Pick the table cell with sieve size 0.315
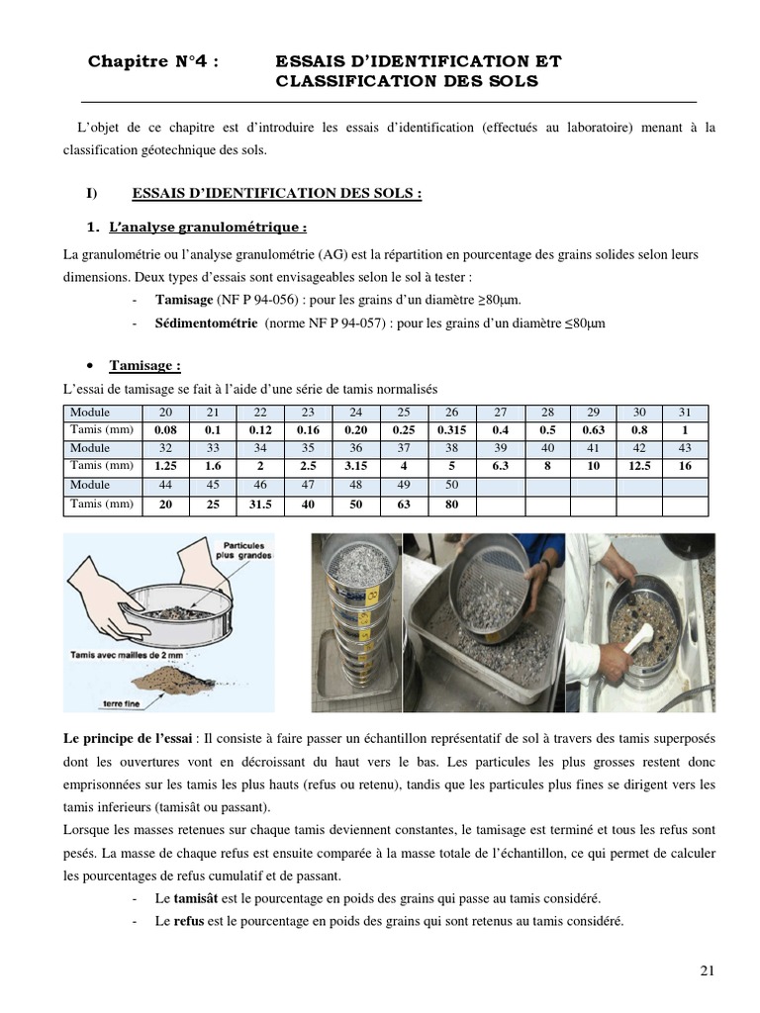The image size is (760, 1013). click(450, 430)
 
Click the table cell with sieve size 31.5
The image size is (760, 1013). click(261, 503)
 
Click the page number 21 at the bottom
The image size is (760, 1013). click(707, 969)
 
